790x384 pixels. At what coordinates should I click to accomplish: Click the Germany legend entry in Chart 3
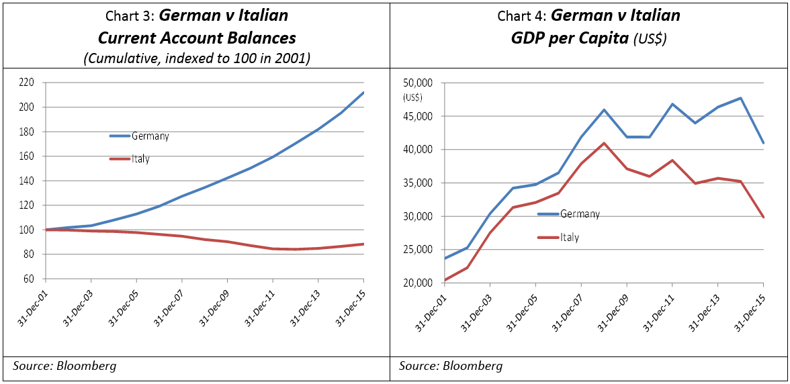tap(149, 136)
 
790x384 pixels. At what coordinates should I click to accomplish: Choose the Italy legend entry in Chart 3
tap(140, 159)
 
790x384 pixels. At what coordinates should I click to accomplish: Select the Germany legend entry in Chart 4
tap(579, 214)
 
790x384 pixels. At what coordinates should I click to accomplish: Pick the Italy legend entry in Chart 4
tap(569, 237)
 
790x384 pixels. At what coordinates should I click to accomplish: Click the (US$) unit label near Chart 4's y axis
tap(412, 97)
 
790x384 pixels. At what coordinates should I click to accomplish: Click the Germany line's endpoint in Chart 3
tap(363, 93)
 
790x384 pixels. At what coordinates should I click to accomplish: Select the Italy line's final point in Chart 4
tap(763, 217)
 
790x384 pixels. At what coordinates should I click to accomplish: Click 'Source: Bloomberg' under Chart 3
tap(64, 366)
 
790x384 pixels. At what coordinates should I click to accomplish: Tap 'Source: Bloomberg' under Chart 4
tap(451, 366)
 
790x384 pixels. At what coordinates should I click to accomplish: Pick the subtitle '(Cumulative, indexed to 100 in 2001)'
tap(196, 58)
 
